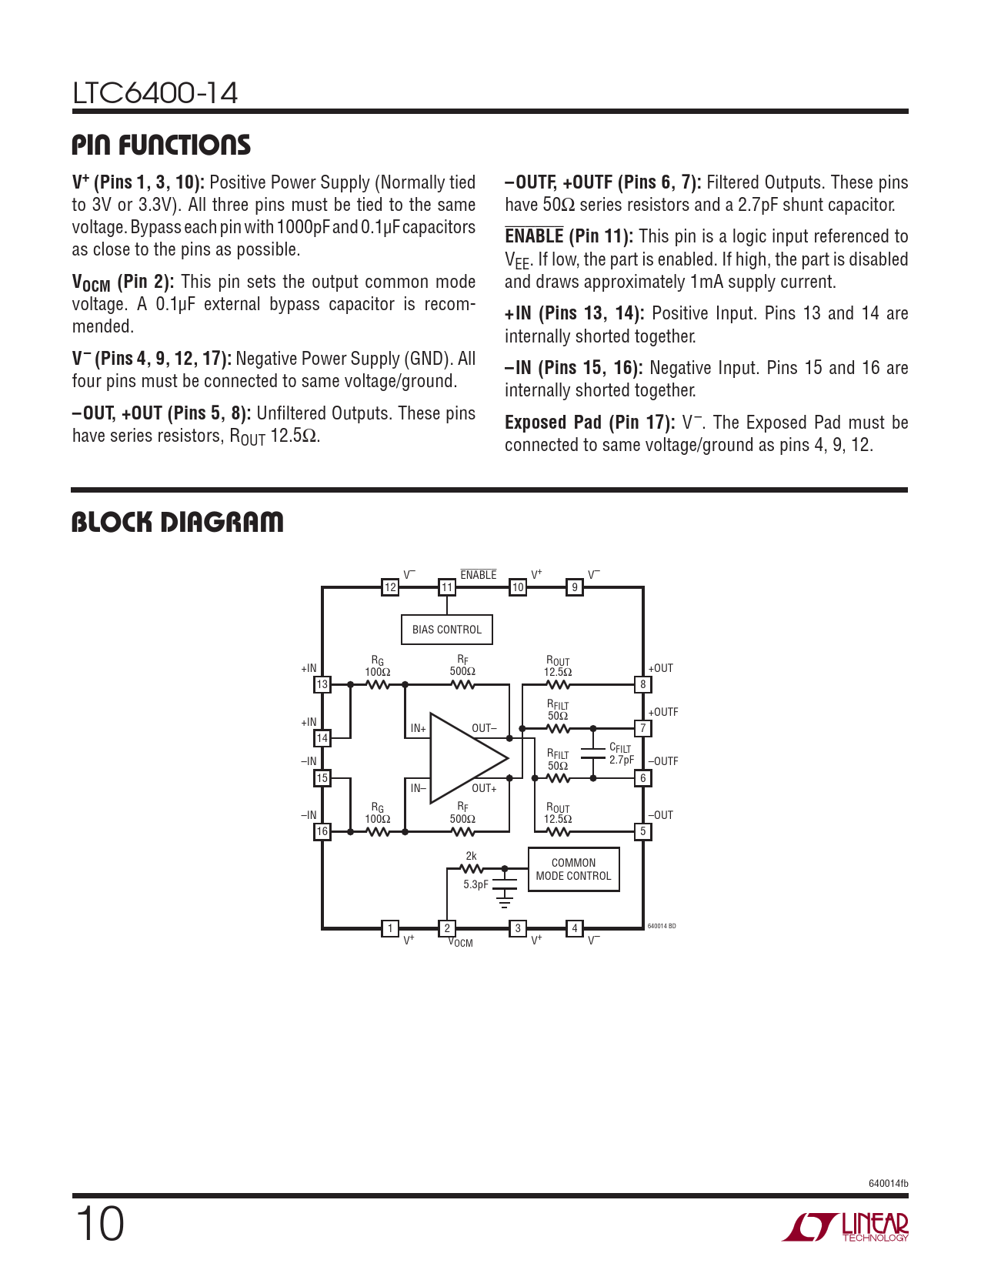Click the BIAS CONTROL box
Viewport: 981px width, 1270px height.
point(446,630)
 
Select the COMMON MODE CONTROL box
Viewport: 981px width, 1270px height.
point(573,870)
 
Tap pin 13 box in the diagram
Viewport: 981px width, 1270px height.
point(322,684)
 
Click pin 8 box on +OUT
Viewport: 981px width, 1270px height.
point(643,684)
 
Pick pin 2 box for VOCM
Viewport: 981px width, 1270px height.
point(447,928)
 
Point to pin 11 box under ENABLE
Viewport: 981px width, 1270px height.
point(447,587)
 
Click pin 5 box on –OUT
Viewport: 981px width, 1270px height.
point(643,831)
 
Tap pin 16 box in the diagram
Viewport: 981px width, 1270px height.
point(322,831)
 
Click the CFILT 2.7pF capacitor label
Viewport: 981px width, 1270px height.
point(621,754)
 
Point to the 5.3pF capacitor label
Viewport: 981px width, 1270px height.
point(475,884)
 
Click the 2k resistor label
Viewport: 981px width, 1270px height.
point(471,856)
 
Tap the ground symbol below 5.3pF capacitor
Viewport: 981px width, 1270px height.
point(505,898)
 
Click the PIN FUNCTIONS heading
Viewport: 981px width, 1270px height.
point(162,145)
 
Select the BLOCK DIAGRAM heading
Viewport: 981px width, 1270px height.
point(178,522)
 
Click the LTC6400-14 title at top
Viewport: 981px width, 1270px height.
point(155,93)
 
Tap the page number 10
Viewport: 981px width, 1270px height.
point(99,1224)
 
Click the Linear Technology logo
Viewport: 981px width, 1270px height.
point(846,1227)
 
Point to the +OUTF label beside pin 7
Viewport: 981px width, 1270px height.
point(663,713)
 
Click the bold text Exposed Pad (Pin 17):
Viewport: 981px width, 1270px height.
point(589,423)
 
